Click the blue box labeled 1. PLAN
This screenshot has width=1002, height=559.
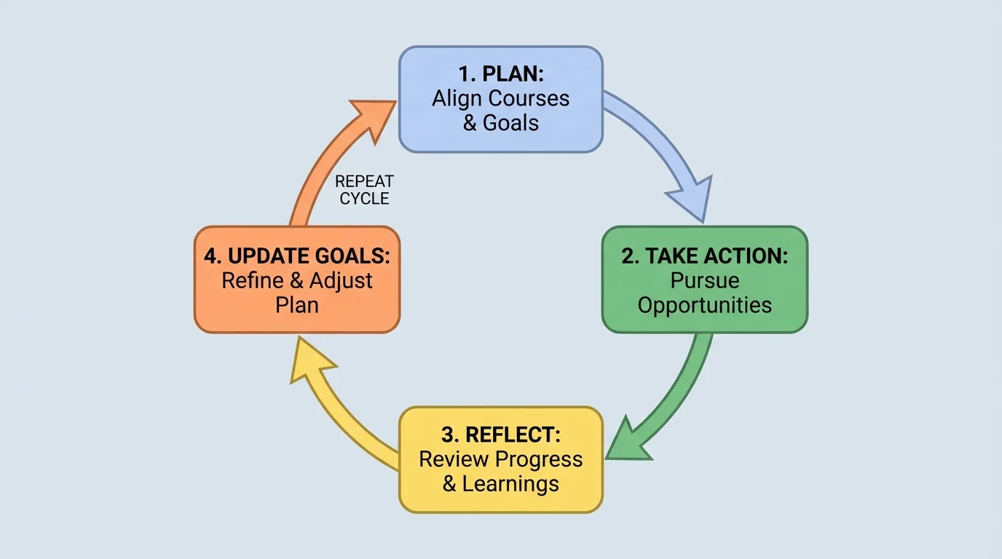click(500, 99)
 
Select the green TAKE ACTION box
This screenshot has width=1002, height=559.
click(704, 279)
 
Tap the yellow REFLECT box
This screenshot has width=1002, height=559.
click(500, 459)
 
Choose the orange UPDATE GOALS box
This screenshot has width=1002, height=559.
click(296, 279)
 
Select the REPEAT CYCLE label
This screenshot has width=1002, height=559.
click(364, 189)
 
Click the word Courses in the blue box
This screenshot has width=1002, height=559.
click(530, 98)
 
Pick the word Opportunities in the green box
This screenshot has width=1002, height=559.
click(704, 304)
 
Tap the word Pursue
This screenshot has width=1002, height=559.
click(704, 280)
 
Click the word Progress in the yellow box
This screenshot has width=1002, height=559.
click(539, 459)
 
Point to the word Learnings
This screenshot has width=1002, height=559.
click(510, 483)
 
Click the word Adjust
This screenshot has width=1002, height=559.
click(341, 280)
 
